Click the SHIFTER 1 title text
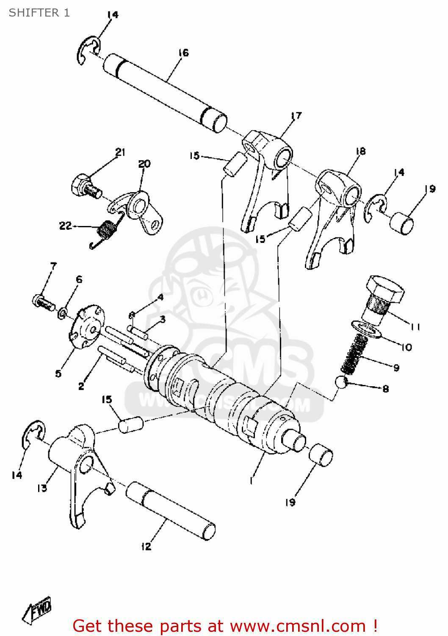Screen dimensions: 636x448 pyautogui.click(x=39, y=13)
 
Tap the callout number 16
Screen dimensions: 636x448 pyautogui.click(x=183, y=53)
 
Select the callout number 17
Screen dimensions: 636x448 pyautogui.click(x=296, y=115)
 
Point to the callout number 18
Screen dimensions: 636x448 pyautogui.click(x=360, y=151)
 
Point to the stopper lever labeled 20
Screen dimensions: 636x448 pyautogui.click(x=142, y=212)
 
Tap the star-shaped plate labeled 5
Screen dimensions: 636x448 pyautogui.click(x=87, y=327)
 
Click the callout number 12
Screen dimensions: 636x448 pyautogui.click(x=146, y=546)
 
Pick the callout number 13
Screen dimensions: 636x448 pyautogui.click(x=42, y=488)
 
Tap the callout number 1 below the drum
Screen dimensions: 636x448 pyautogui.click(x=251, y=480)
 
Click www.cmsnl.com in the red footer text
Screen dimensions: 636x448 pyautogui.click(x=298, y=626)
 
